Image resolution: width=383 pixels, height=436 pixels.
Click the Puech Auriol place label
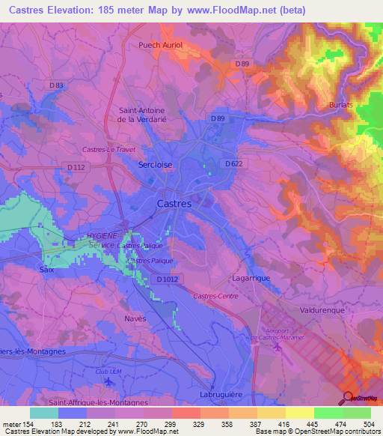(161, 45)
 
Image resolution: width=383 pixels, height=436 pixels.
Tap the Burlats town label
(341, 105)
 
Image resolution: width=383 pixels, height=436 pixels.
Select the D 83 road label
(57, 85)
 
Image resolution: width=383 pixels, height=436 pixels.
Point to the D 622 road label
(234, 163)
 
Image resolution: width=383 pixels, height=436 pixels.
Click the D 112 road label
(75, 167)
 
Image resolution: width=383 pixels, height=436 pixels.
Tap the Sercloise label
(156, 164)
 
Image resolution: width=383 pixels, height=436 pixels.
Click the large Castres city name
(174, 203)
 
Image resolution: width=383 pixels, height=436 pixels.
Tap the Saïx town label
(46, 267)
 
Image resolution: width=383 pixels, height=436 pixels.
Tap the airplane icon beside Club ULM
(108, 381)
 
